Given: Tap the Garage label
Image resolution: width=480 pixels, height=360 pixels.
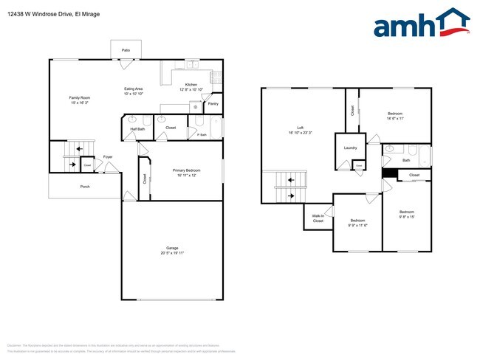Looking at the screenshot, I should click(172, 248).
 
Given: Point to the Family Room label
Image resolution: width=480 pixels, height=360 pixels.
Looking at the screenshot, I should click(80, 98).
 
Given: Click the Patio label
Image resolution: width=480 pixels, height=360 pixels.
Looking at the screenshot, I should click(126, 50).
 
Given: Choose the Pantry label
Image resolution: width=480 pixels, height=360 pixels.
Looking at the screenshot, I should click(213, 104).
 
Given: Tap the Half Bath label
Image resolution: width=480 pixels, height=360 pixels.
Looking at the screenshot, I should click(137, 129).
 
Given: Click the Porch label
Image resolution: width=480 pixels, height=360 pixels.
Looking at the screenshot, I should click(85, 187).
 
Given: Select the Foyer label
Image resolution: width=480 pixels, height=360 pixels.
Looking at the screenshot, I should click(108, 157).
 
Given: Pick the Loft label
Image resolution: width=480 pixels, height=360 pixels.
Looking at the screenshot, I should click(301, 128).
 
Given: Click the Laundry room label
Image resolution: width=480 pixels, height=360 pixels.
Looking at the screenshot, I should click(350, 148).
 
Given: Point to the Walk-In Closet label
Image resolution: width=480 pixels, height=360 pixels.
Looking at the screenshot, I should click(318, 218).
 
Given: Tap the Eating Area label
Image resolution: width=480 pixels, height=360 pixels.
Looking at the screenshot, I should click(134, 89).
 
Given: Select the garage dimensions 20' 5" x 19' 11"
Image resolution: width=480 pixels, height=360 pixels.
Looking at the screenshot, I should click(172, 253).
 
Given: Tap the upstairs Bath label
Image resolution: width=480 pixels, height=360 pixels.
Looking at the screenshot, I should click(406, 160).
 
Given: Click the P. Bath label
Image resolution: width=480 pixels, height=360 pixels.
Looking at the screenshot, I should click(202, 134).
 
